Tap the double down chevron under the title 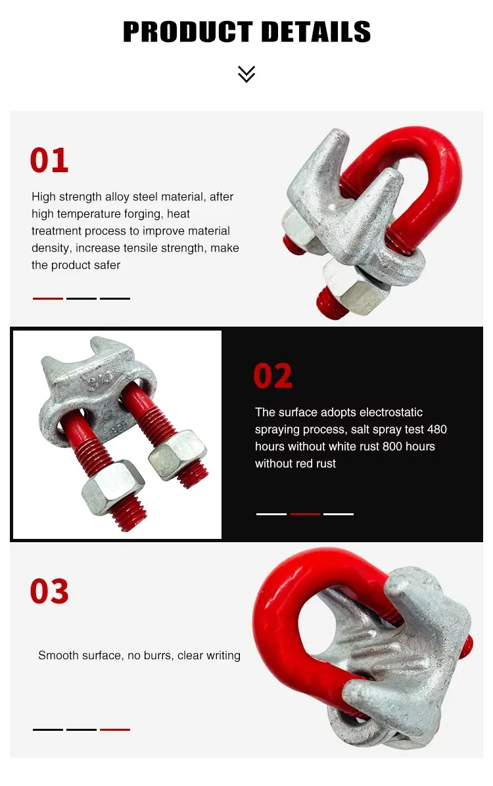point(246,74)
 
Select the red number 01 point(49,161)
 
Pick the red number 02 point(273,376)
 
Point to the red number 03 point(49,591)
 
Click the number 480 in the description point(436,429)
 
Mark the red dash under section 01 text point(48,298)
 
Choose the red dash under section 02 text point(305,514)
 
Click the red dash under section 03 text point(115,729)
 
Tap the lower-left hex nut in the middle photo point(112,486)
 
